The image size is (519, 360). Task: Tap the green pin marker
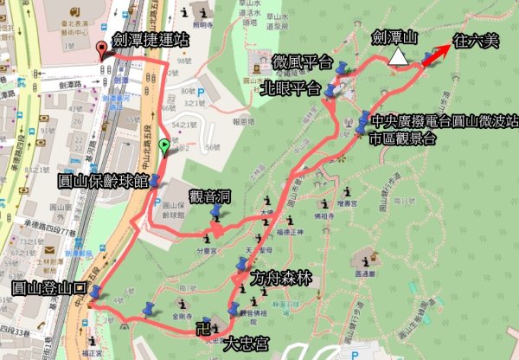pos(165,146)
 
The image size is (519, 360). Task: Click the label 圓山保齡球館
pos(102,182)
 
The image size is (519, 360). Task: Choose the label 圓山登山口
pos(47,287)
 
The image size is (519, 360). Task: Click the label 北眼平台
pos(290,88)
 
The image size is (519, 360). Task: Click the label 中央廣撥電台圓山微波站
pos(443,120)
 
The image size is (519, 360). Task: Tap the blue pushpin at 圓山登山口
pos(94,293)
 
